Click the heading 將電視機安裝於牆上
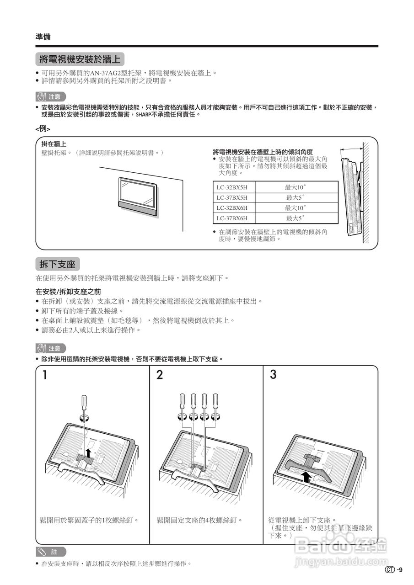tap(80, 59)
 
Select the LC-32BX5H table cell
tap(232, 187)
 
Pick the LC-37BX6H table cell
tap(232, 218)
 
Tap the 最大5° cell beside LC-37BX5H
tap(296, 197)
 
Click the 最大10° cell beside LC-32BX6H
tap(296, 207)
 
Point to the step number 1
tap(45, 375)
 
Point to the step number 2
tap(159, 375)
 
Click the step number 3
tap(273, 375)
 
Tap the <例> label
tap(43, 129)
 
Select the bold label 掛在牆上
tap(54, 144)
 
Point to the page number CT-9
tap(394, 569)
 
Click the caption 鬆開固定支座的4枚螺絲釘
tap(199, 520)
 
